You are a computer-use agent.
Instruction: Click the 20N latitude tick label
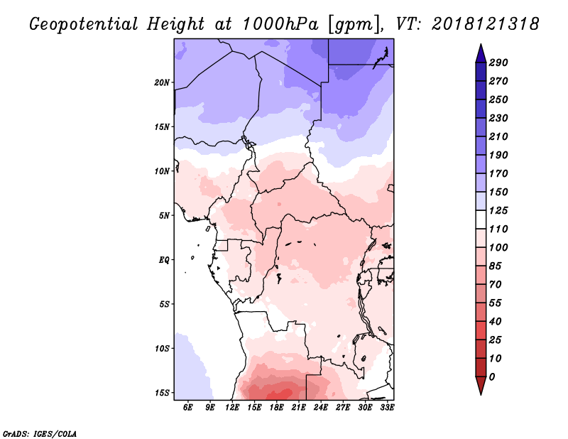[162, 82]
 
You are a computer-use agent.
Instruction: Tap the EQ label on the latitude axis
[164, 260]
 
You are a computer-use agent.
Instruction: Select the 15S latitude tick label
[162, 393]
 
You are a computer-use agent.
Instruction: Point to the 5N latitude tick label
[164, 216]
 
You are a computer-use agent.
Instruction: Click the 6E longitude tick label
[187, 407]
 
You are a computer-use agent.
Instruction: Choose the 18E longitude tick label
[276, 407]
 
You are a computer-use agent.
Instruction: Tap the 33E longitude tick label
[387, 407]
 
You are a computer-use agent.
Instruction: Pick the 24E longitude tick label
[321, 407]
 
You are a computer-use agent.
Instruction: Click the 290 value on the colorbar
[498, 63]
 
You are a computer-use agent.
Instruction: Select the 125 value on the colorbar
[498, 210]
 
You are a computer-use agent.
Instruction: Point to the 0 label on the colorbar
[492, 377]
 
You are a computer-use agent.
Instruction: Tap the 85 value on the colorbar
[495, 266]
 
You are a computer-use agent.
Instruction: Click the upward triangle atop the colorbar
[481, 53]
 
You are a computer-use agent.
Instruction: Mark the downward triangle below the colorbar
[481, 386]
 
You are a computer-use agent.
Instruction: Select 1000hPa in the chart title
[280, 24]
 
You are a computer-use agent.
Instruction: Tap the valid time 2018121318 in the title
[486, 24]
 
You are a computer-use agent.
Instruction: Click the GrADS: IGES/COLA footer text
[40, 433]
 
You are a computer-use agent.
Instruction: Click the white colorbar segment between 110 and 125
[481, 220]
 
